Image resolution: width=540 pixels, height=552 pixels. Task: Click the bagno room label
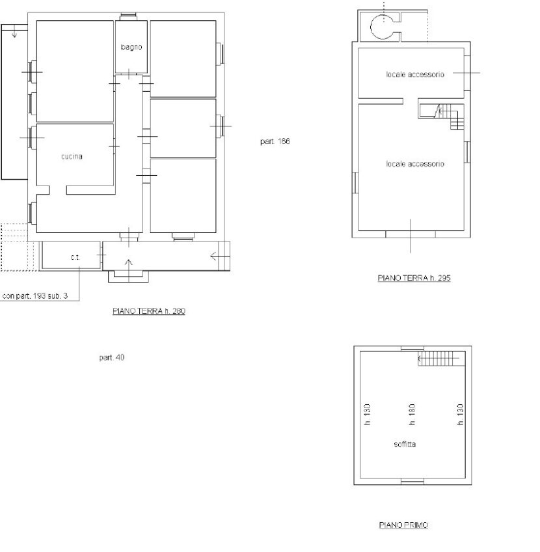pyautogui.click(x=131, y=47)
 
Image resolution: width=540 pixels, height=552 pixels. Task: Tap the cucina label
pyautogui.click(x=72, y=157)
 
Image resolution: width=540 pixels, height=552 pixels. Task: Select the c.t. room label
pyautogui.click(x=75, y=257)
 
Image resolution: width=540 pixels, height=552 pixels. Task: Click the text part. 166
pyautogui.click(x=275, y=141)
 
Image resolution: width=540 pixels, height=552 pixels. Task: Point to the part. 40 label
pyautogui.click(x=112, y=357)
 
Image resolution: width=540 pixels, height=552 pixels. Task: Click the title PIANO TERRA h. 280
pyautogui.click(x=149, y=311)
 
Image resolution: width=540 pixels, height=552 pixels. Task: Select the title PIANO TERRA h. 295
pyautogui.click(x=414, y=278)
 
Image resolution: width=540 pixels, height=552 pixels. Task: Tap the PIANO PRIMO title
pyautogui.click(x=403, y=525)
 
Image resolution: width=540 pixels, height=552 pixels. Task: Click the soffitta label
pyautogui.click(x=405, y=445)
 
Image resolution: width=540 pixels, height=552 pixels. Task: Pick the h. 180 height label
pyautogui.click(x=412, y=415)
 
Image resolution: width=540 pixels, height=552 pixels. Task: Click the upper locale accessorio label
pyautogui.click(x=415, y=75)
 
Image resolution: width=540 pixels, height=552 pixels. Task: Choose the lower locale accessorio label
pyautogui.click(x=415, y=164)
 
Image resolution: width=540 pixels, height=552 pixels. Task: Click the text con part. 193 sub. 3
pyautogui.click(x=35, y=296)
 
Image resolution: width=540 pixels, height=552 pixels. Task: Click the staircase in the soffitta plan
pyautogui.click(x=439, y=359)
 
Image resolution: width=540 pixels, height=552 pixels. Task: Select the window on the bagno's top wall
pyautogui.click(x=128, y=16)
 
